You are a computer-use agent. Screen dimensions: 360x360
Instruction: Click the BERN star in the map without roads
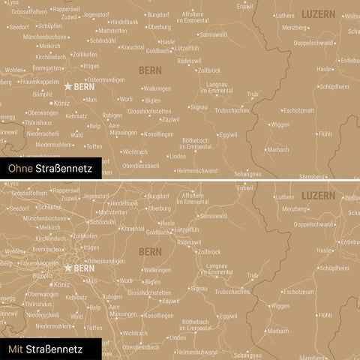click(68, 87)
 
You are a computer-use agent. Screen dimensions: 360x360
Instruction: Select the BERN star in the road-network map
click(68, 267)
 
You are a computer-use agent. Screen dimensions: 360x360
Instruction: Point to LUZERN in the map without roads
click(319, 14)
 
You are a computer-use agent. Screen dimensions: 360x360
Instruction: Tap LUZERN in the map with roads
click(319, 194)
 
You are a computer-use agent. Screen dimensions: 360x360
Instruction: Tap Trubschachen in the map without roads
click(232, 110)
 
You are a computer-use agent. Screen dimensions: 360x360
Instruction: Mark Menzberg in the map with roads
click(294, 208)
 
